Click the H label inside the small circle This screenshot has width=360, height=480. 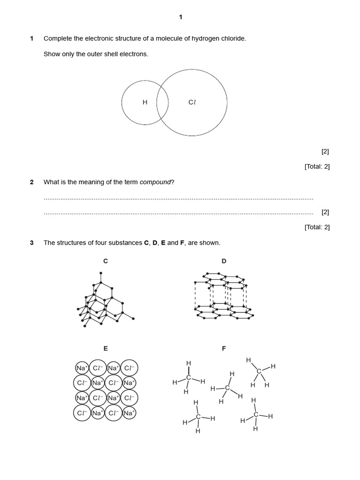[x=145, y=102]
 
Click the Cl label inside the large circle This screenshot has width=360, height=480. [x=192, y=102]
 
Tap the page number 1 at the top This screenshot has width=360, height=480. [x=180, y=17]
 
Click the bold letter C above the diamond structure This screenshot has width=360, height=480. [x=105, y=261]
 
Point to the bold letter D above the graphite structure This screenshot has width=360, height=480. [x=224, y=261]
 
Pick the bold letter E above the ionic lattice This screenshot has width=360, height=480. [x=105, y=348]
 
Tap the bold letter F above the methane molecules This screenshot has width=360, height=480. [x=224, y=348]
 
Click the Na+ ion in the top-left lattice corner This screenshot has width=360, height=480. [x=82, y=368]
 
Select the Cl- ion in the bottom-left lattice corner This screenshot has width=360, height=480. [x=82, y=413]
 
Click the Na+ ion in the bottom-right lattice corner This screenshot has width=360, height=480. [x=129, y=413]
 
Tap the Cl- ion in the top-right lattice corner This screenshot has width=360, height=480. [x=129, y=368]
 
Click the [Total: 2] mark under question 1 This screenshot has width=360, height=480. [x=317, y=166]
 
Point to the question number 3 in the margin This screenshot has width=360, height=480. [x=32, y=243]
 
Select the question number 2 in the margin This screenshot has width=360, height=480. [x=32, y=182]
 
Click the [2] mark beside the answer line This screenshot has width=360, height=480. [x=325, y=212]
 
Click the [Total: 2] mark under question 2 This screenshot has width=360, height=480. [x=317, y=227]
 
